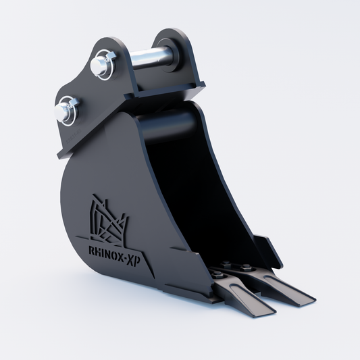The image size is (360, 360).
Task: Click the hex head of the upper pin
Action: coord(99,65)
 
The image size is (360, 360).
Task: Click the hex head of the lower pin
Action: coord(66,111)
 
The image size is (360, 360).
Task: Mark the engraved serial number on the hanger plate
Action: coord(68,143)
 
